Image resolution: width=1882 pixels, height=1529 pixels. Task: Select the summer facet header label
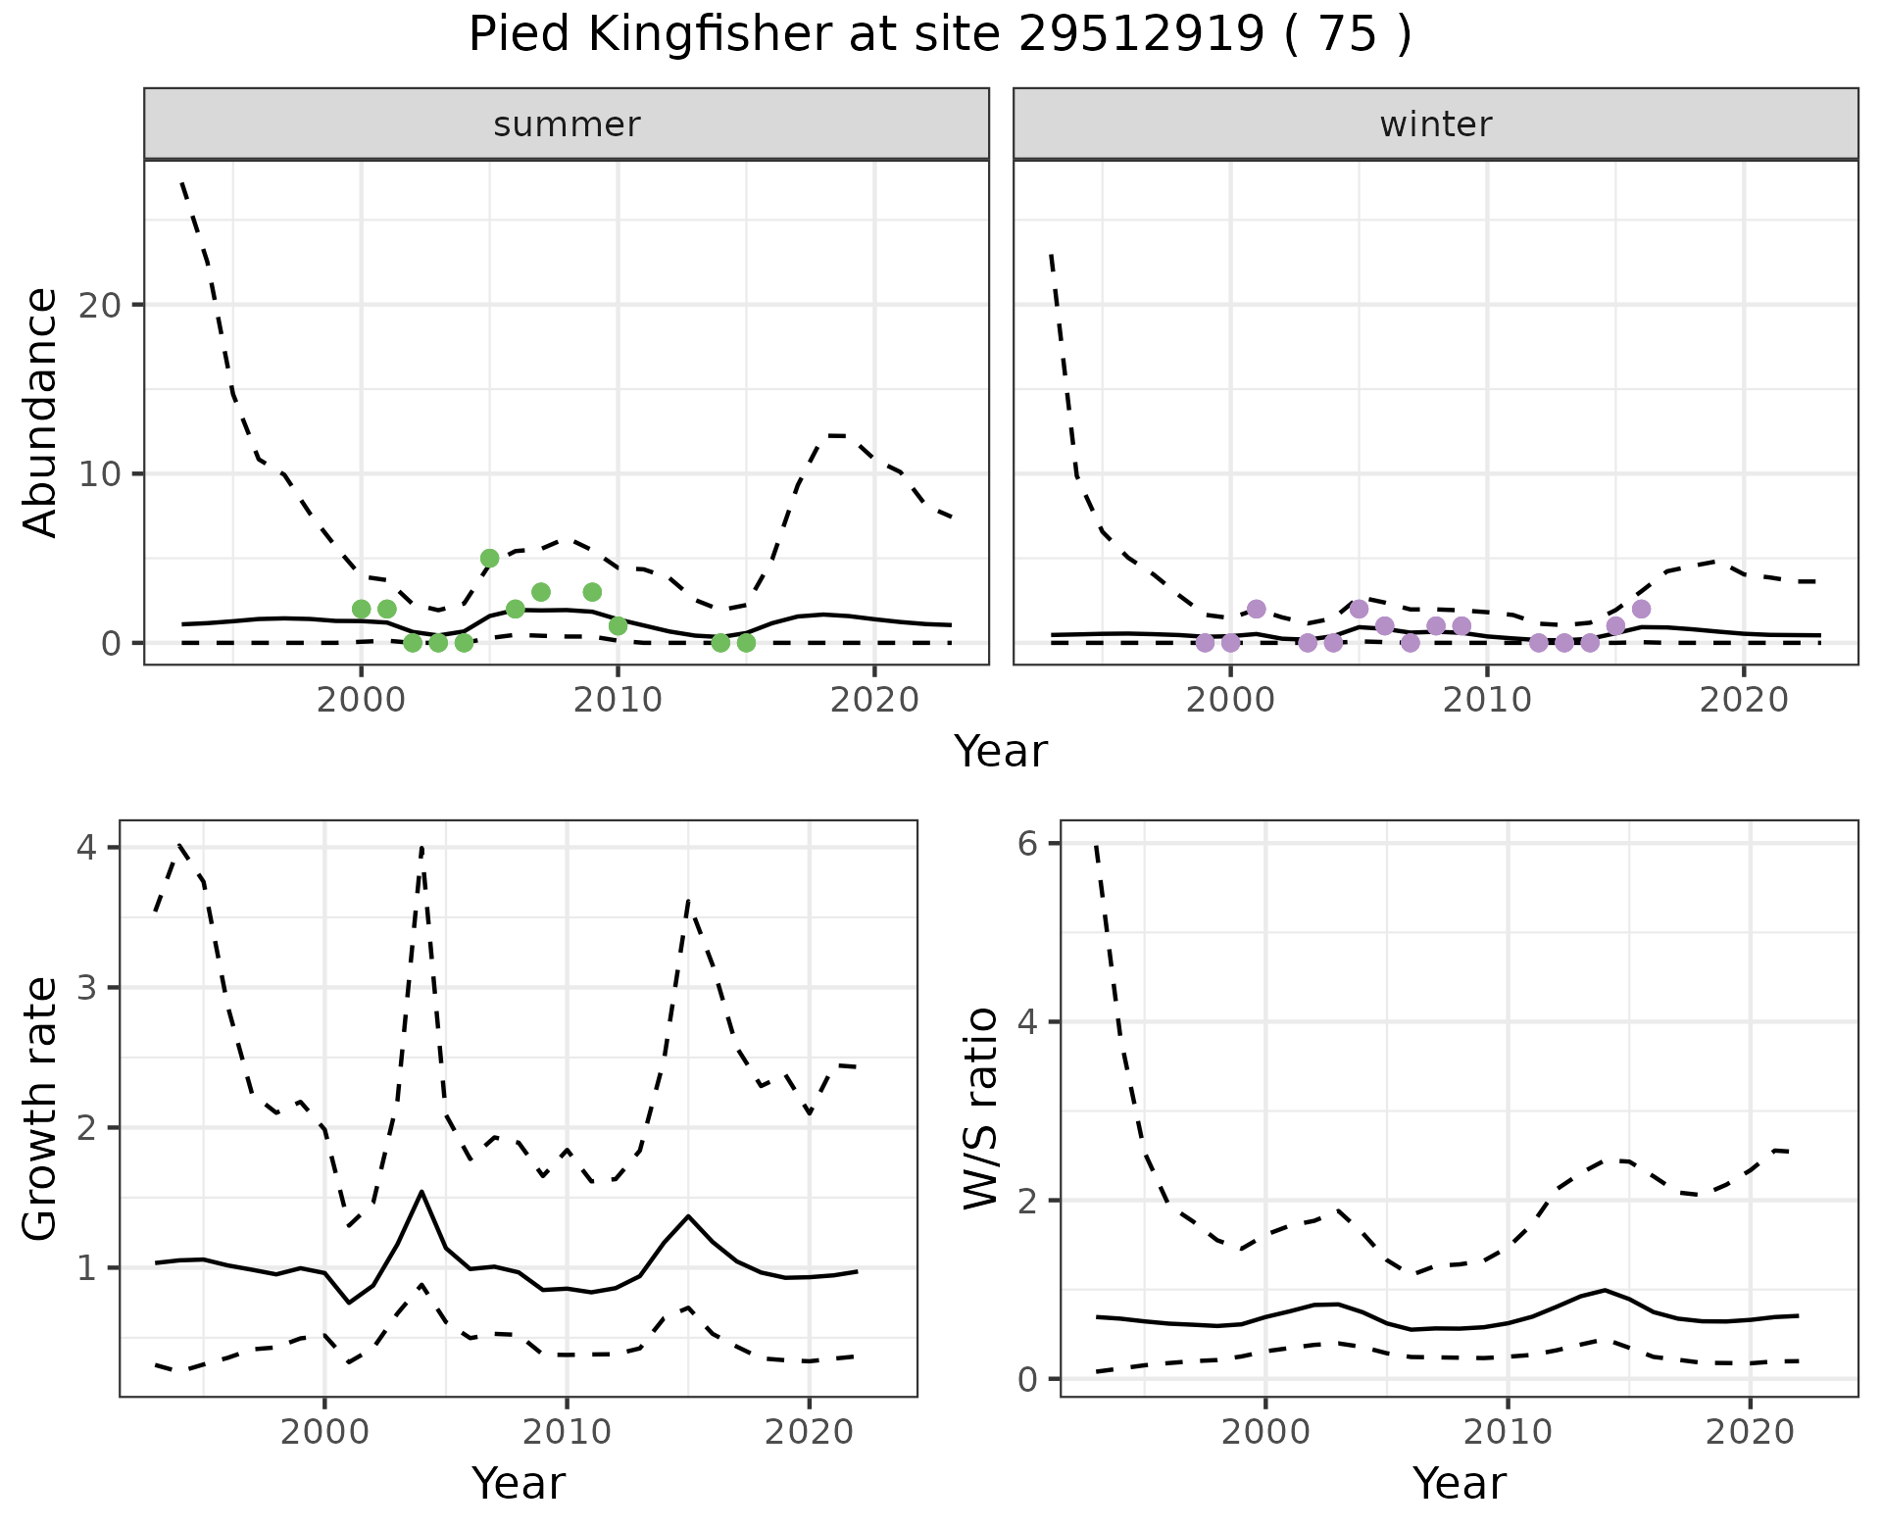tap(567, 124)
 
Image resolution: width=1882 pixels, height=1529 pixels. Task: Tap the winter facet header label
tap(1435, 124)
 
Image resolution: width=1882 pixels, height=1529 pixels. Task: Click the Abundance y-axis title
tap(41, 413)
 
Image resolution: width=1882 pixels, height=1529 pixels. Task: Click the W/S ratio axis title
tap(981, 1109)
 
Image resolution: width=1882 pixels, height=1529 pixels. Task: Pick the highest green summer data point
tap(490, 559)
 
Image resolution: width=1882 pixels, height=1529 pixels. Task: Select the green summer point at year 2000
tap(361, 609)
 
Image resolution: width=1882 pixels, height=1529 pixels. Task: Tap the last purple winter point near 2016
tap(1642, 609)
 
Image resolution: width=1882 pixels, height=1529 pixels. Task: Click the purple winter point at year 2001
tap(1257, 609)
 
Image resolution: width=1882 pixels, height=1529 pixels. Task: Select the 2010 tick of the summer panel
tap(618, 700)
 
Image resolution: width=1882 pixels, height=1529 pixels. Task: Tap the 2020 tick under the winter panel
tap(1744, 700)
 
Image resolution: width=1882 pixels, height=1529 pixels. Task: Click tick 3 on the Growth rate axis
tap(88, 987)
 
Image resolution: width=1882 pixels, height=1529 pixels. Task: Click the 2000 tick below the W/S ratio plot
tap(1265, 1432)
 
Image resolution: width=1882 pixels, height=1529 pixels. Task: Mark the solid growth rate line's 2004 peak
tap(421, 1192)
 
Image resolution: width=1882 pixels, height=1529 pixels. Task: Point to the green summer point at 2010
tap(618, 626)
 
